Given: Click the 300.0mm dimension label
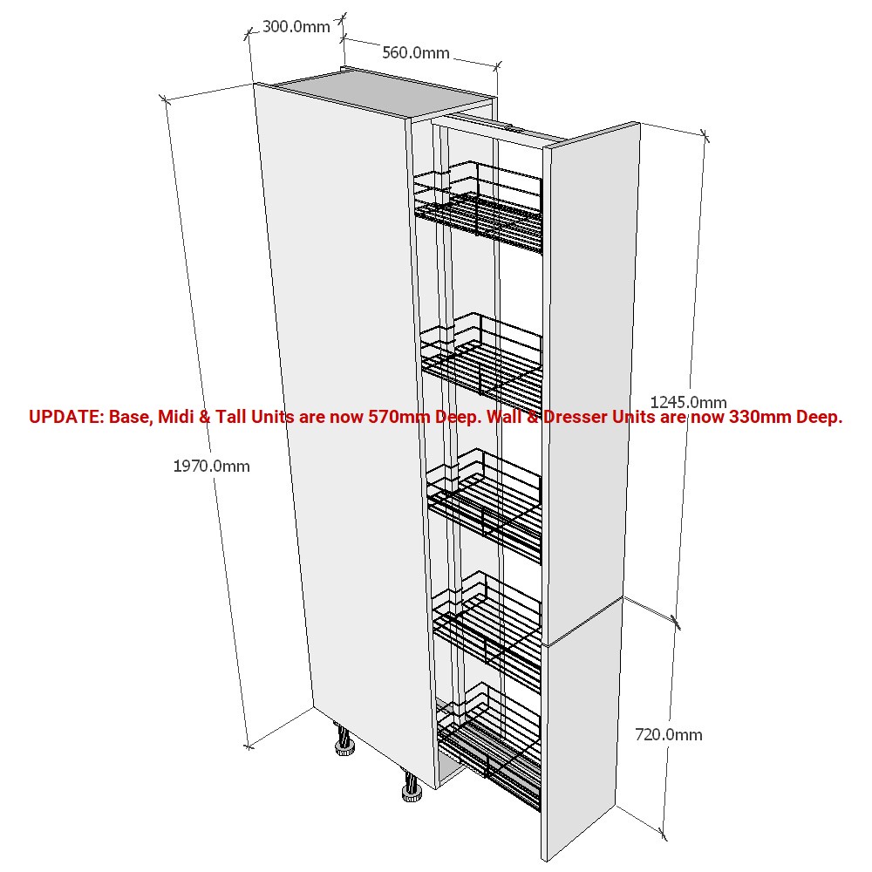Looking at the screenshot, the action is (x=296, y=26).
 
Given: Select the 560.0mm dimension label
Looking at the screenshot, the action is (x=415, y=53).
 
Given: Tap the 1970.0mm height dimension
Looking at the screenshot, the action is (x=211, y=466).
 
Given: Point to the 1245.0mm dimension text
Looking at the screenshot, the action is (x=689, y=401).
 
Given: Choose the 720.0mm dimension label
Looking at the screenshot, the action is (x=669, y=734).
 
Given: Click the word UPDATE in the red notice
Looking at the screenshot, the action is (x=65, y=417).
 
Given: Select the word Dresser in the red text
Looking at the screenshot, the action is (x=575, y=417).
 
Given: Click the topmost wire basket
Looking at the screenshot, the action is (x=478, y=207).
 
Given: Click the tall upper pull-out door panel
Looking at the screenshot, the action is (x=590, y=384).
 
